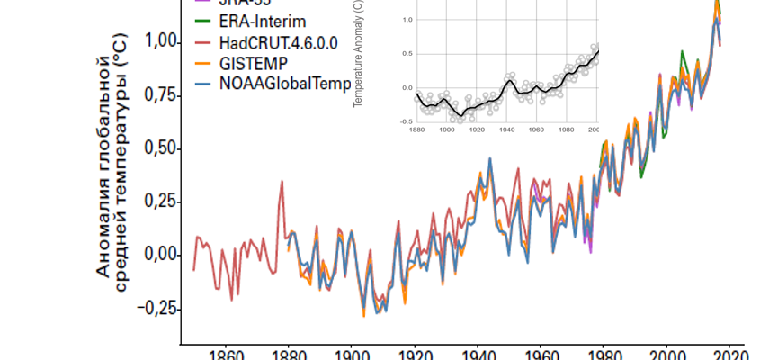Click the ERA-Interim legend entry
pos(261,20)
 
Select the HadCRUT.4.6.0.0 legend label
pos(280,42)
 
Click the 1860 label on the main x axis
pos(226,354)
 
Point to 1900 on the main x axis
pos(352,354)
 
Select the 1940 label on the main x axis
pos(478,354)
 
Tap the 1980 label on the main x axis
pos(604,354)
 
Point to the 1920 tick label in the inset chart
pos(477,130)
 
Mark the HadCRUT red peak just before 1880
pos(282,182)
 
